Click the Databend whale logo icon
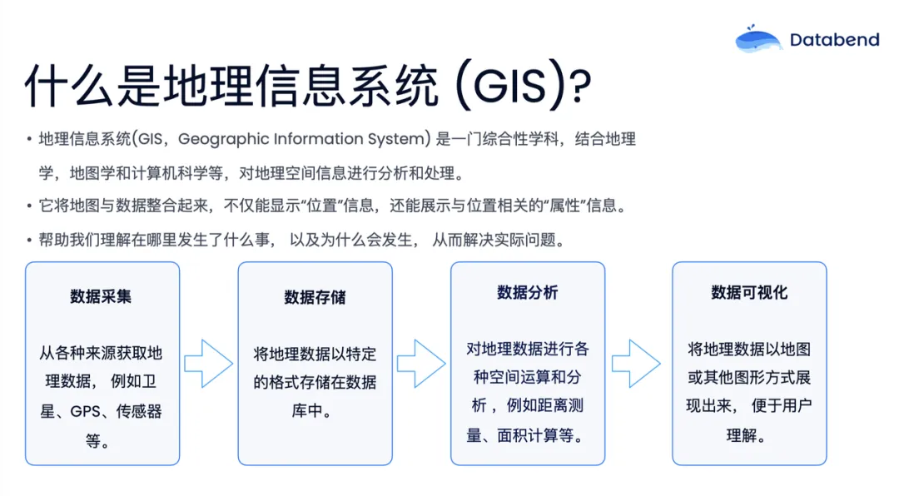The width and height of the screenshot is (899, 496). [x=758, y=39]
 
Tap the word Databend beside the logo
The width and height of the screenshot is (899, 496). [x=834, y=40]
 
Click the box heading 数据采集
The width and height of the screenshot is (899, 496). [x=101, y=296]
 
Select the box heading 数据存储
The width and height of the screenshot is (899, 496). [x=315, y=297]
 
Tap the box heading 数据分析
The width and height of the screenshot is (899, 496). [x=528, y=292]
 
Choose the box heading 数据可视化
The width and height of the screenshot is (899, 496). [x=749, y=292]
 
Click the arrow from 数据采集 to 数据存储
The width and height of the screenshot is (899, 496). [x=209, y=364]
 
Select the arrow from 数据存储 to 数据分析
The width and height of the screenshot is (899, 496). [x=421, y=364]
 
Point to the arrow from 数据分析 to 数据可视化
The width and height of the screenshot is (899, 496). [x=637, y=364]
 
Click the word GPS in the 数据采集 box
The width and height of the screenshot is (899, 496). [x=86, y=411]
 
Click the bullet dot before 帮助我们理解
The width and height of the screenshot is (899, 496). [x=29, y=240]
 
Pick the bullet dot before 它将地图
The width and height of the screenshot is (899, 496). [x=29, y=206]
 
